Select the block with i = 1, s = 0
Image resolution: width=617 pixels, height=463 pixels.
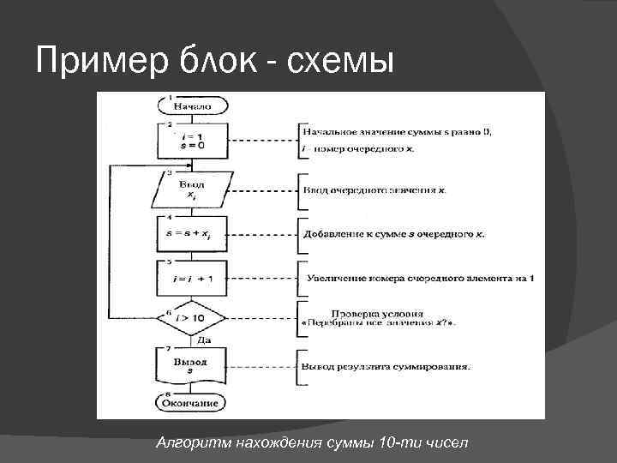click(193, 141)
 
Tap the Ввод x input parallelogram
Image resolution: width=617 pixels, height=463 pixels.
click(193, 189)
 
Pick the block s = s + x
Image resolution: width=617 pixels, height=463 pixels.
click(193, 233)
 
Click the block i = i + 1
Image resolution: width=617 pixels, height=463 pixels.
click(193, 278)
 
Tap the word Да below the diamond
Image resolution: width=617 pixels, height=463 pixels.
click(204, 340)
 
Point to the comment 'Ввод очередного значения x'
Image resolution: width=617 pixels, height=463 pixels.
click(374, 189)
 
